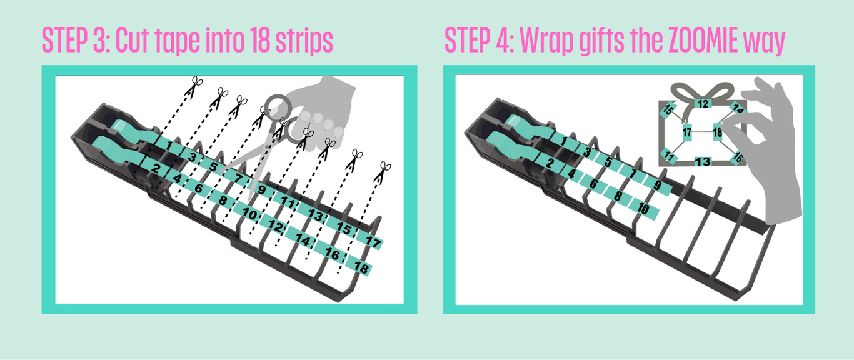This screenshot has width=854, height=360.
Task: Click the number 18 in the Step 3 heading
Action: point(261,40)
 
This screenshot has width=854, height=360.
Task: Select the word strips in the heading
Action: point(304,41)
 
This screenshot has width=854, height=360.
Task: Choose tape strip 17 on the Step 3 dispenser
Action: point(371,241)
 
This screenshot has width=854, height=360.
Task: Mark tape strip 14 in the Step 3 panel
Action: point(301,239)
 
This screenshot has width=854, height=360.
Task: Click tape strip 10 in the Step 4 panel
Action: point(645,208)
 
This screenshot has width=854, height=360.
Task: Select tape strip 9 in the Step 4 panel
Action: point(658,186)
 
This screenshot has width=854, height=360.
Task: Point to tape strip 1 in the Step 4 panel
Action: point(563,142)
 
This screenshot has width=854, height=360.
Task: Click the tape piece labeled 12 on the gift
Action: point(703,103)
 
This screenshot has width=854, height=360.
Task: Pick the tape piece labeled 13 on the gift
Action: point(703,161)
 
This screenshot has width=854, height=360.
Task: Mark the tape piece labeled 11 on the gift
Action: point(669,156)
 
